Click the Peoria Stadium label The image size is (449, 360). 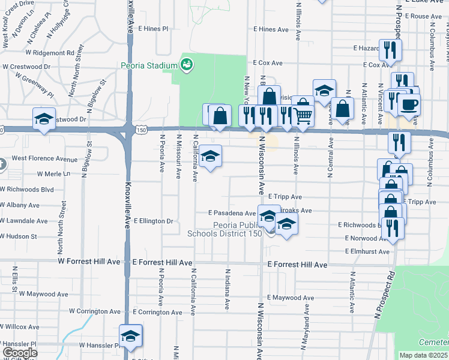coord(149,65)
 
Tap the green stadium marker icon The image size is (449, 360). coord(186,64)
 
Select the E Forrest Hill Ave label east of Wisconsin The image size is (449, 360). coord(297,265)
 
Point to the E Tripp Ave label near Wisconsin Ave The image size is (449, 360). coord(285,196)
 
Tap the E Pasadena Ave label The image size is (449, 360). coord(232,213)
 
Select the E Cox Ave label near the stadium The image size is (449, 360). coord(268,62)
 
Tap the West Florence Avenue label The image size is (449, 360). coord(44,159)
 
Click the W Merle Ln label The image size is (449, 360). coord(53,174)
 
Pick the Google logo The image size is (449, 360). coord(19,353)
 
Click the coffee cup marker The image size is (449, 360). coord(409,104)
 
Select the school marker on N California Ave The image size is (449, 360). coord(210,157)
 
